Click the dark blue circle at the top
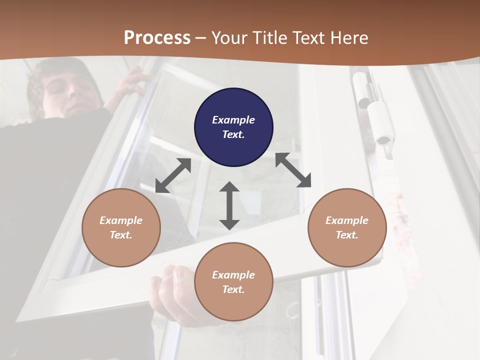233,127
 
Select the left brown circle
121,227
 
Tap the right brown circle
347,227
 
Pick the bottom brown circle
233,282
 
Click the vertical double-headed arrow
229,205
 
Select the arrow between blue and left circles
173,175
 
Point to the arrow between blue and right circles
293,170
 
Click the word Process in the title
157,37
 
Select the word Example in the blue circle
233,120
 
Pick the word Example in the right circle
347,220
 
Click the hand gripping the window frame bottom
172,290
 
